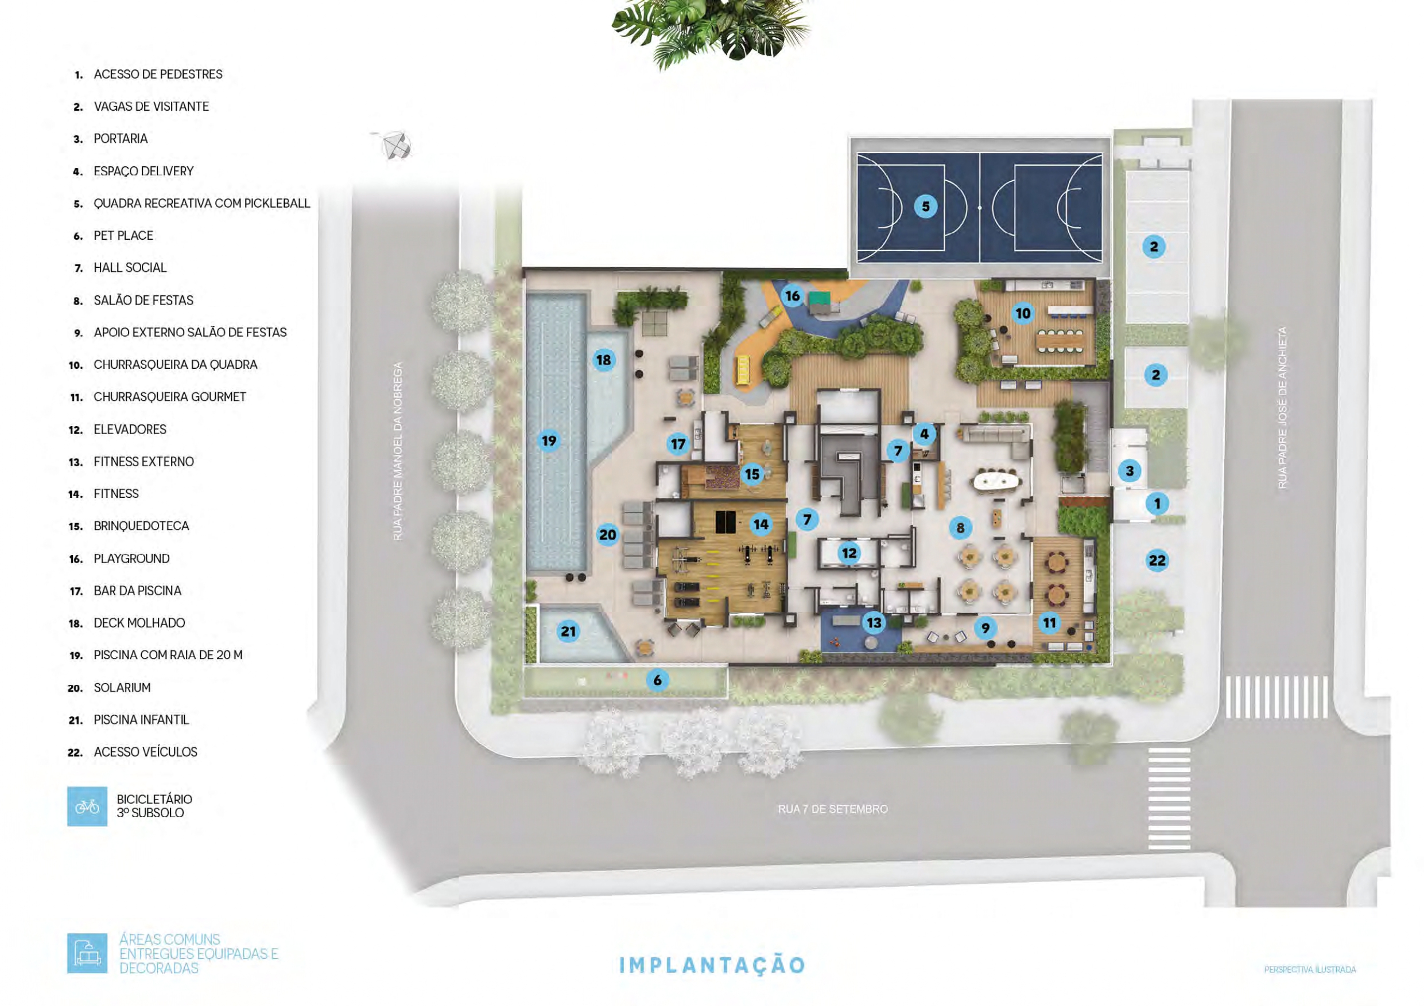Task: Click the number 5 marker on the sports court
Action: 925,206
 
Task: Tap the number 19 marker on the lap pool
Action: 549,440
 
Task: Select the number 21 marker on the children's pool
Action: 568,631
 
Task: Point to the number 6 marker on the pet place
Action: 657,680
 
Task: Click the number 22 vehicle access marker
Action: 1157,560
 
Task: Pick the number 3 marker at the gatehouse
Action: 1130,471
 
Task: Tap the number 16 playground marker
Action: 792,296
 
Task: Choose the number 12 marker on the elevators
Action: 848,553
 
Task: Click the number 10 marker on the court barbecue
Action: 1023,313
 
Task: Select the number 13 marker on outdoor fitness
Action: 874,622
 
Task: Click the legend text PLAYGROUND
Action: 131,559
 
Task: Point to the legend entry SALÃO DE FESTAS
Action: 143,300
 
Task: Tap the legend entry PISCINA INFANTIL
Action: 141,720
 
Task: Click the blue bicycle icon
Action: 87,806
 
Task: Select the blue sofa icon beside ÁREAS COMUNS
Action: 87,953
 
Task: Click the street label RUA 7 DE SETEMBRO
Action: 833,809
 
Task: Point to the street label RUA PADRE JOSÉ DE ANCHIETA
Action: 1282,407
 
